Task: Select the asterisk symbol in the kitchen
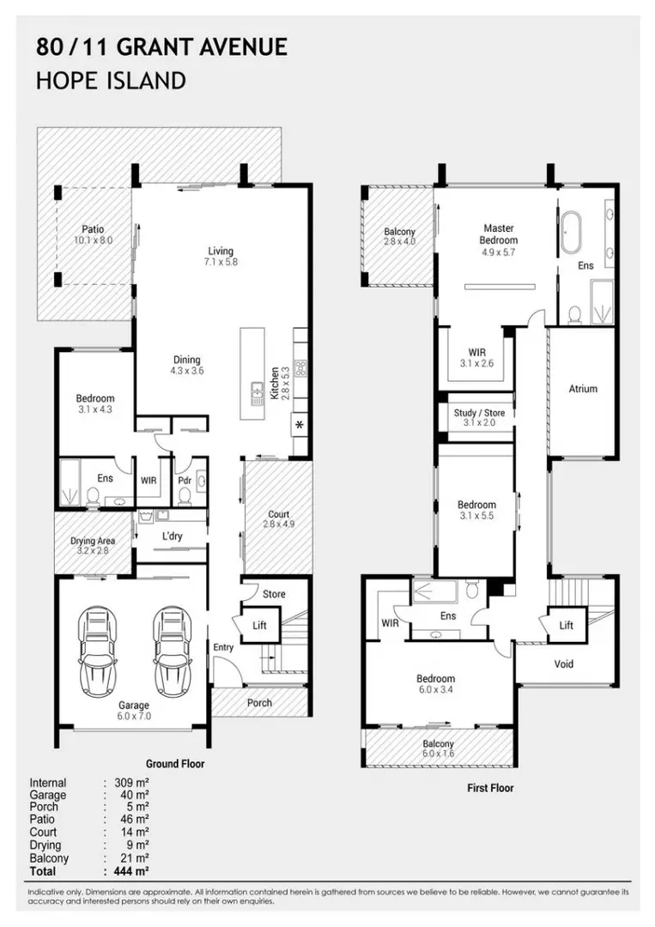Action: (x=300, y=425)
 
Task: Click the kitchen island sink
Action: (x=258, y=394)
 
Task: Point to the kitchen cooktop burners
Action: (x=301, y=367)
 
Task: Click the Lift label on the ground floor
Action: (x=259, y=625)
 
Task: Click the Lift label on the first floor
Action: (x=567, y=625)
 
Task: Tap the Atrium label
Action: (x=583, y=389)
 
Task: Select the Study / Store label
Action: (x=479, y=413)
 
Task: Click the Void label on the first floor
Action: (x=564, y=663)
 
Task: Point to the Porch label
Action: (x=259, y=702)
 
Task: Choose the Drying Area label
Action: (x=93, y=541)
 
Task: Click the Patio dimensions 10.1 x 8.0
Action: (x=94, y=240)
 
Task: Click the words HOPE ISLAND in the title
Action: (x=111, y=81)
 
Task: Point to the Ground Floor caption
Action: (x=175, y=763)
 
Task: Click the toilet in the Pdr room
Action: (x=185, y=495)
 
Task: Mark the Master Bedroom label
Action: (x=499, y=234)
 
